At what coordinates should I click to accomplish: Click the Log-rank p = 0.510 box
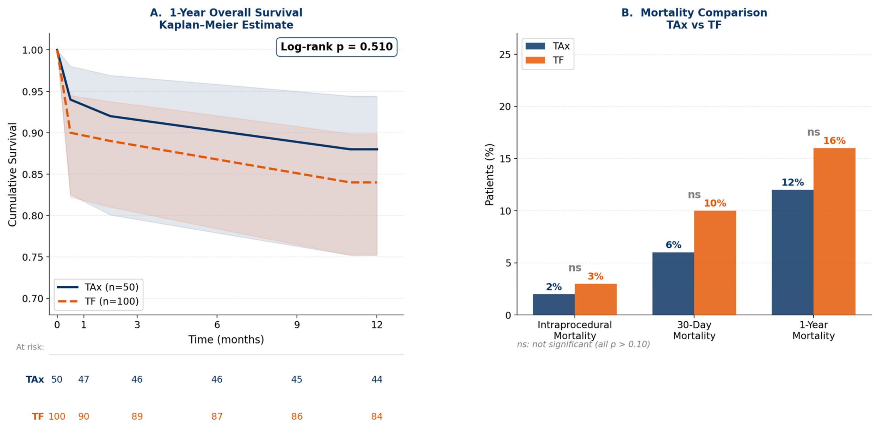336,47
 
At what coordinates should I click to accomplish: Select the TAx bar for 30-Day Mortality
673,284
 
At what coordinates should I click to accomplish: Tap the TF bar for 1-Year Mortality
834,231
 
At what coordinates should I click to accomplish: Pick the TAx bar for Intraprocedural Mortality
554,304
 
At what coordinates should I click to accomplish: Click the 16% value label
834,141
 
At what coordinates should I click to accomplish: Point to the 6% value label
673,245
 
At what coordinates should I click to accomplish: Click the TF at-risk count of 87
217,417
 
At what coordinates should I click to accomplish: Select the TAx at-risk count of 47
84,380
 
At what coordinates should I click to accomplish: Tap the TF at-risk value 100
57,417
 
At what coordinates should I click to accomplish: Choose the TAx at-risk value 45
297,380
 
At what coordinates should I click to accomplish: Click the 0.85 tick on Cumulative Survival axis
32,175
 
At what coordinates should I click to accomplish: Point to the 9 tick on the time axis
297,325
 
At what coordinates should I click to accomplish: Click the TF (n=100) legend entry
98,301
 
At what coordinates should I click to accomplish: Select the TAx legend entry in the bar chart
547,46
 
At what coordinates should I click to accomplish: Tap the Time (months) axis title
226,340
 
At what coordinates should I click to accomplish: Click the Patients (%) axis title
489,175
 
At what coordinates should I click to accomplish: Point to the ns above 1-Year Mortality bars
814,132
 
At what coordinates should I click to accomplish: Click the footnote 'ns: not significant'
583,344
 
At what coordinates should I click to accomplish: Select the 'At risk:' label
30,347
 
